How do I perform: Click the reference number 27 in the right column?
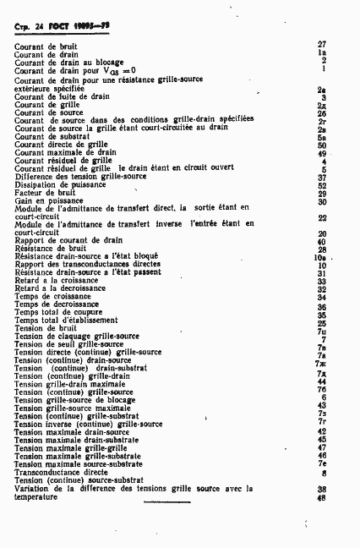322,44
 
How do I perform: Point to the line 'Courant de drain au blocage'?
68,63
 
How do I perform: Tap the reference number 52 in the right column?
322,185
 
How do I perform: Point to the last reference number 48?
322,497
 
